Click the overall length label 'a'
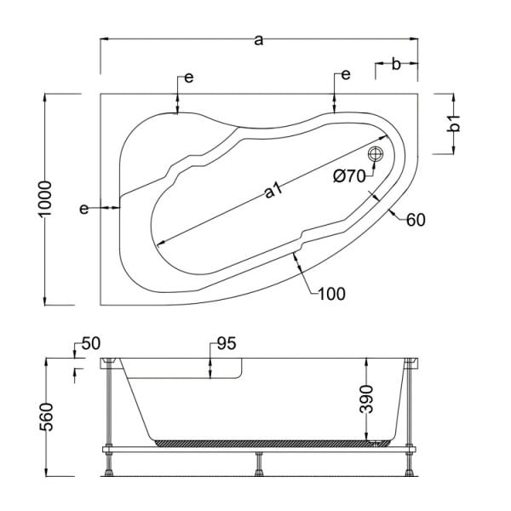coord(259,26)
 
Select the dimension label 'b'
coord(395,63)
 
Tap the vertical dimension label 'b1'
coord(454,123)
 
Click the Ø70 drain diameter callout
coord(348,176)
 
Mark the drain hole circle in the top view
coord(376,154)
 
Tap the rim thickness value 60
coord(416,220)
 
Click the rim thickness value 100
coord(331,295)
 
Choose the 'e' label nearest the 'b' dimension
coord(346,75)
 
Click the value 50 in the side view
coord(91,344)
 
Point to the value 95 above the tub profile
coord(226,344)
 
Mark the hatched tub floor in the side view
coord(264,442)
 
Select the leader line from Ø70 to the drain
coord(372,169)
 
